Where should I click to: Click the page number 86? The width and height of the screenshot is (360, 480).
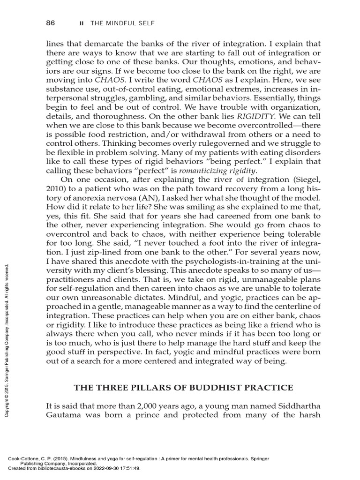[51, 23]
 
